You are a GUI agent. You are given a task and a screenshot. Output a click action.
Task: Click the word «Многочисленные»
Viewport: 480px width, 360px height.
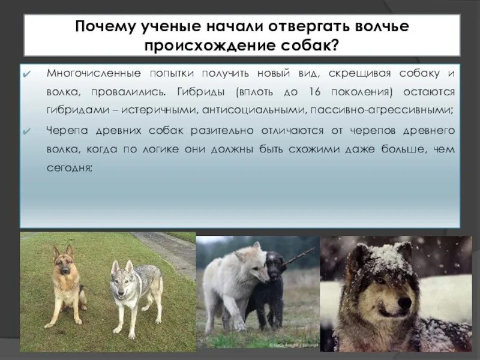(x=88, y=73)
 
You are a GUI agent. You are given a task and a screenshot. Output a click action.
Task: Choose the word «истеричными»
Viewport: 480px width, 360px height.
(x=161, y=111)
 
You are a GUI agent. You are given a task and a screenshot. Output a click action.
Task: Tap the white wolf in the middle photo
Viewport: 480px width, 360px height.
(x=231, y=282)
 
